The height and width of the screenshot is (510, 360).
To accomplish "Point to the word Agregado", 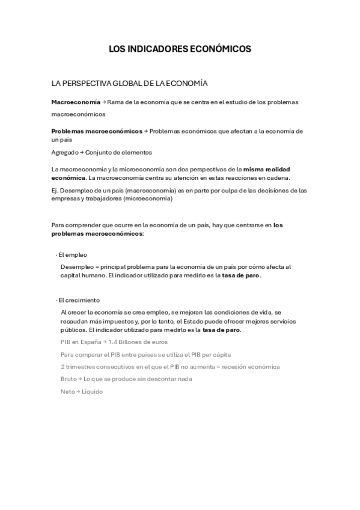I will [64, 152].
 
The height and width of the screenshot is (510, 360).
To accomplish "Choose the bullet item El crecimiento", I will [78, 300].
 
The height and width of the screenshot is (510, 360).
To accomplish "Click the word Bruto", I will [68, 379].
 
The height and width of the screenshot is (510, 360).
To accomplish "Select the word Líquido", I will [92, 392].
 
